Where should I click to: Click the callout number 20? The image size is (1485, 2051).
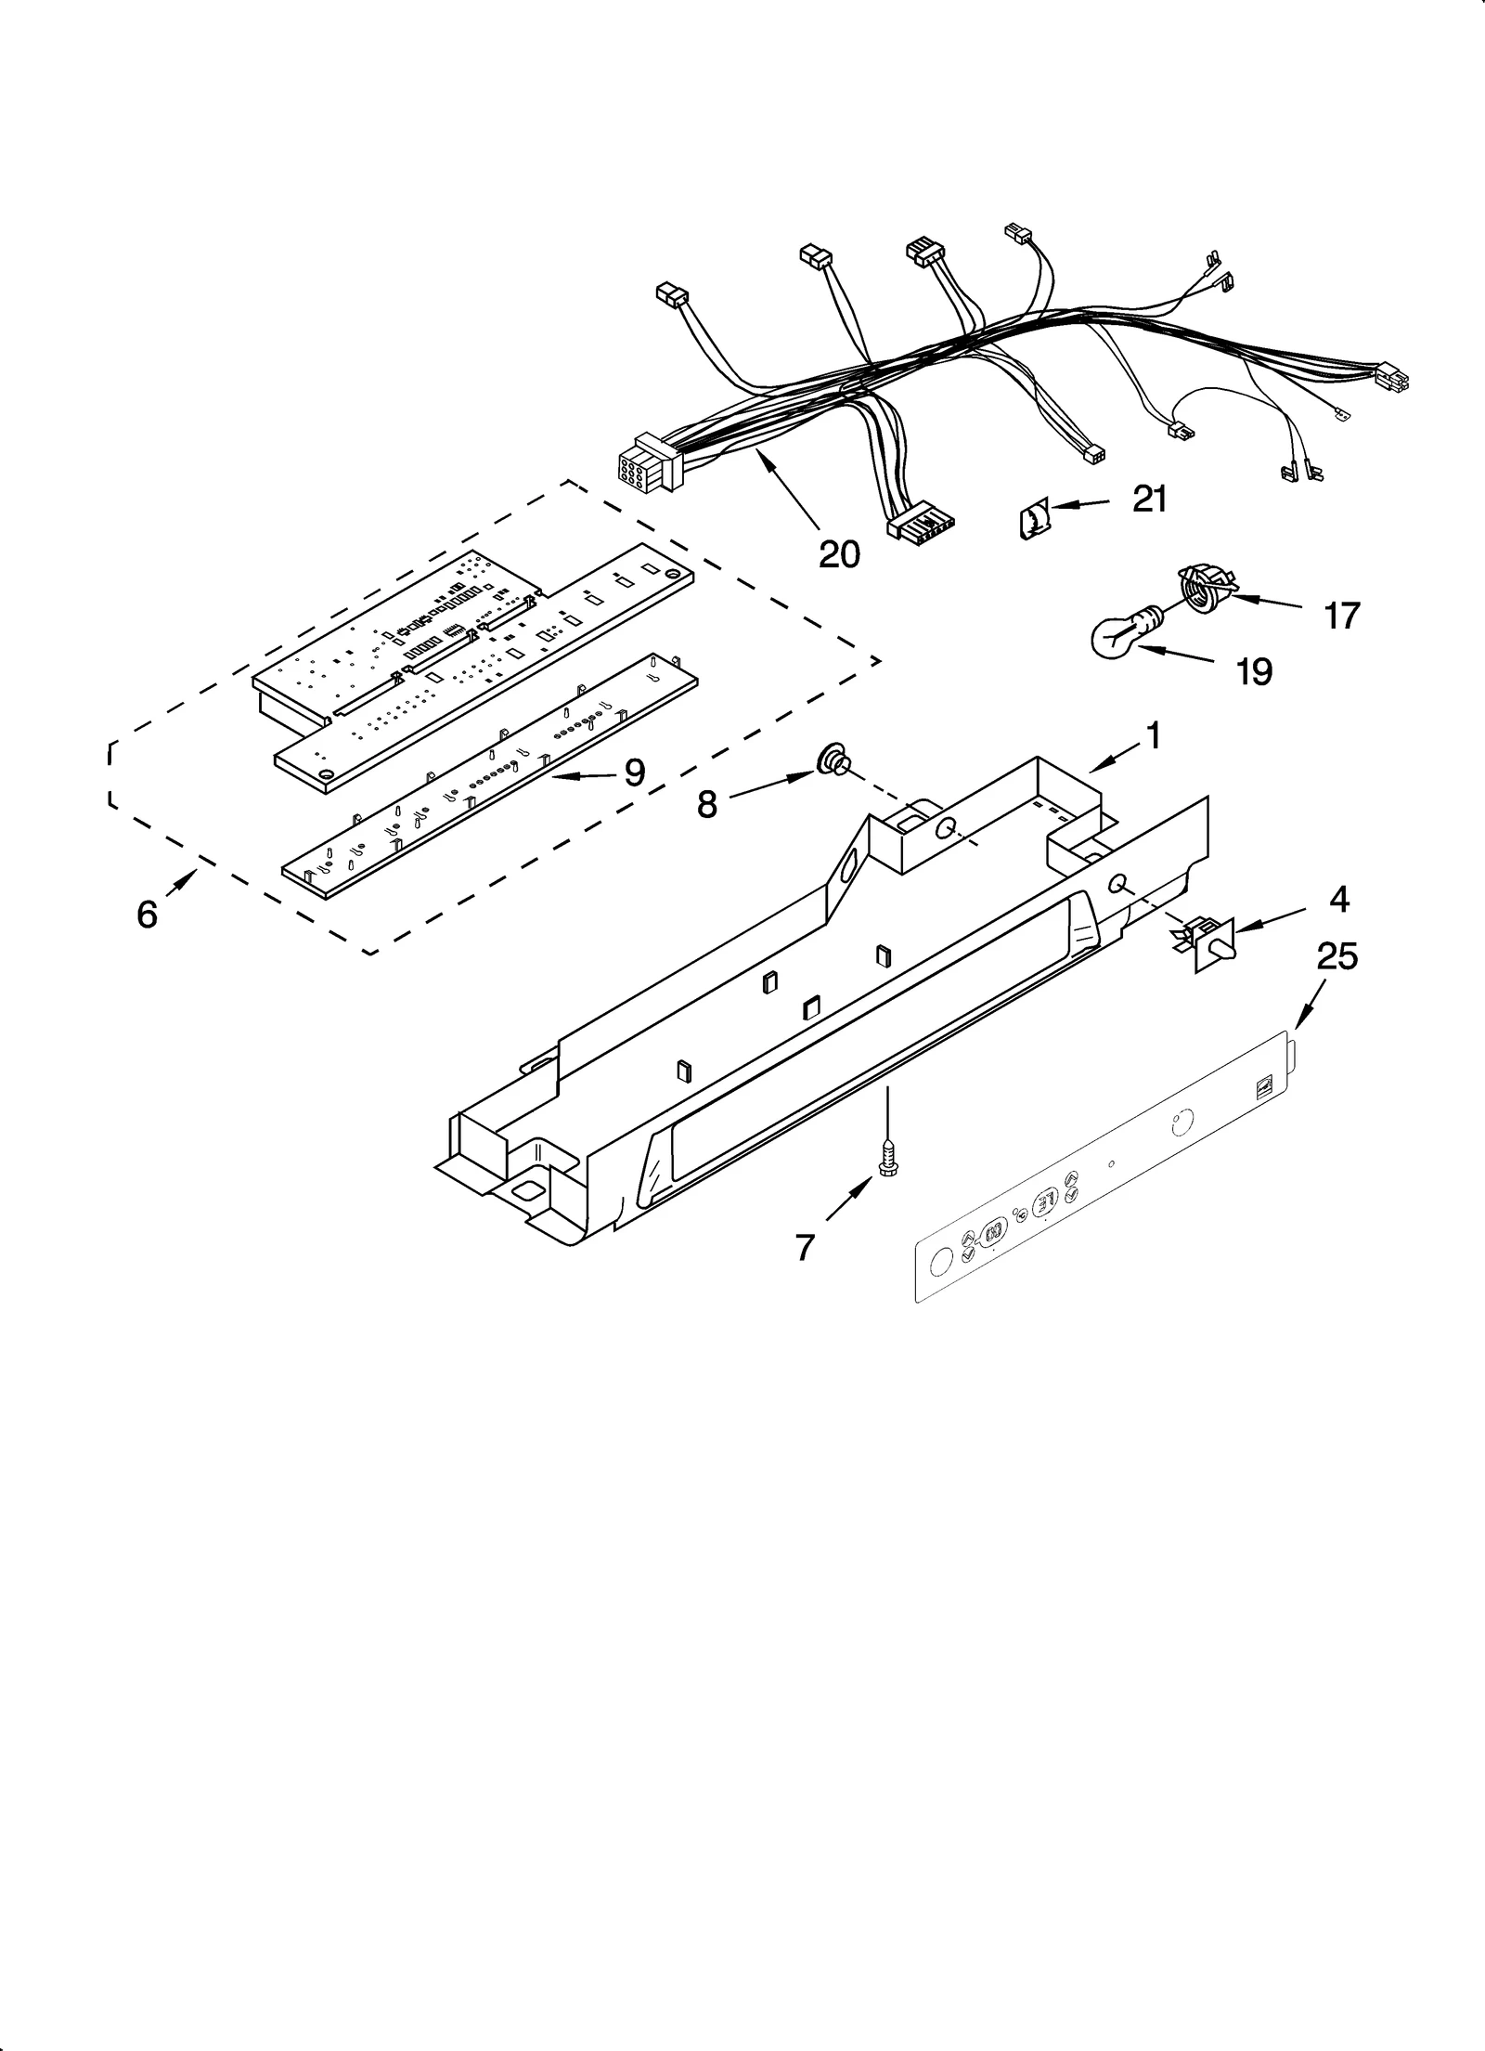[839, 554]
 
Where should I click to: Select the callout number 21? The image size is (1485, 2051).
[1149, 500]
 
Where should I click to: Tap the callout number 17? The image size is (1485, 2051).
[1341, 615]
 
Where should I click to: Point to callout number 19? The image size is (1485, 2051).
[1254, 671]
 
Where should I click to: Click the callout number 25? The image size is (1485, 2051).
[1336, 955]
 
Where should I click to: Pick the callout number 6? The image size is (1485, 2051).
[148, 915]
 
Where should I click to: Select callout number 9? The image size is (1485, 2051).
[634, 772]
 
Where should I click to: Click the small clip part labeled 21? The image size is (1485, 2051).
[1033, 519]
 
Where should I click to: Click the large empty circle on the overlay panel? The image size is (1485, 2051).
[940, 1261]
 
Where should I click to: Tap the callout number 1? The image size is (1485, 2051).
[1153, 736]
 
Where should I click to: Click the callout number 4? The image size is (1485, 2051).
[1338, 899]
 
